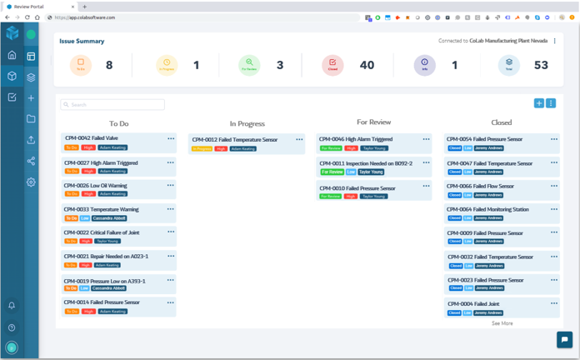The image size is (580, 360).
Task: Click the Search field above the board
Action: tap(112, 105)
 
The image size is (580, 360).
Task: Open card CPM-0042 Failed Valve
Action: tap(92, 138)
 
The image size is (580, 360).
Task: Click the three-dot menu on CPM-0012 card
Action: tap(299, 140)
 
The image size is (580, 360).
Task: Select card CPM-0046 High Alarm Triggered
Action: tap(356, 140)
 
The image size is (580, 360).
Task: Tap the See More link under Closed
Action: tap(502, 323)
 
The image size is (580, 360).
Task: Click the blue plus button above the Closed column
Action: tap(539, 103)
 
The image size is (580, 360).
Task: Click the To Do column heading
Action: tap(119, 123)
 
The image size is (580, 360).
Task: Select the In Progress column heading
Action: tap(247, 124)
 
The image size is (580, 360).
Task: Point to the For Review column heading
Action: tap(373, 122)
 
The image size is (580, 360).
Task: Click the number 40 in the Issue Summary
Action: tap(367, 65)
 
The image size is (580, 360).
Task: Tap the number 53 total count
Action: tap(541, 65)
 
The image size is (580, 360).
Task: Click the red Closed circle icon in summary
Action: tap(332, 64)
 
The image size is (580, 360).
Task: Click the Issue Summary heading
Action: tap(82, 41)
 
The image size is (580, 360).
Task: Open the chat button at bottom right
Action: tap(564, 339)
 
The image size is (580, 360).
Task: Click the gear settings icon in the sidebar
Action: tap(31, 182)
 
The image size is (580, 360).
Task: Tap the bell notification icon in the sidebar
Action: tap(12, 306)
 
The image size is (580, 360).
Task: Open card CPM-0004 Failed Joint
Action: tap(474, 304)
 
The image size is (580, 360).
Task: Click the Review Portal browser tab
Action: tap(33, 7)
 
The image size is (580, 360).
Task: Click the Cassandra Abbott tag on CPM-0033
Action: tap(109, 218)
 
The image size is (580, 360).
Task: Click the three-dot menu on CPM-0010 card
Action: tap(426, 188)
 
